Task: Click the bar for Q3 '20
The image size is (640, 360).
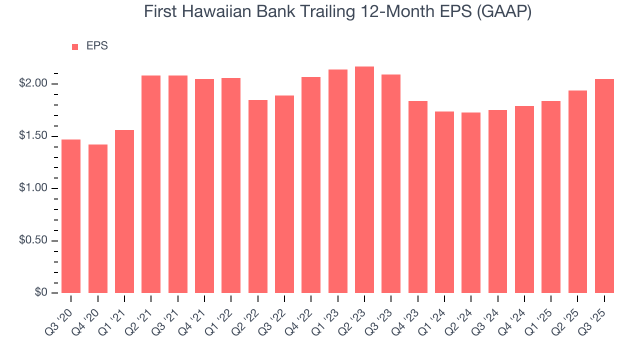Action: (71, 216)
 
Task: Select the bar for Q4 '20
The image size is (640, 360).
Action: (98, 218)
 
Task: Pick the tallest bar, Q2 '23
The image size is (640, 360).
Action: (364, 179)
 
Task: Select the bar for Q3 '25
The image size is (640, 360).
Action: (604, 186)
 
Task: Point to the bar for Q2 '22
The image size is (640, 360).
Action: (258, 196)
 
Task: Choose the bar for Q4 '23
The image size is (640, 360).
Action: (418, 197)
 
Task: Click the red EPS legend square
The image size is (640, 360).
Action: (75, 46)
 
